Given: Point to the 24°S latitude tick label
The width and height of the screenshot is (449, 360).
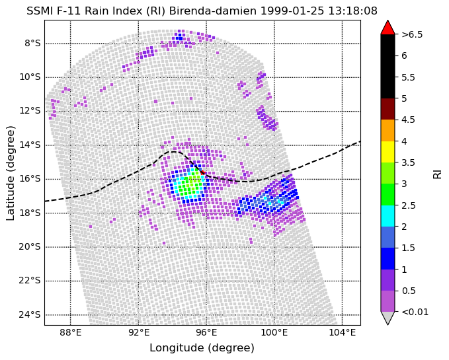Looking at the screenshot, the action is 30,315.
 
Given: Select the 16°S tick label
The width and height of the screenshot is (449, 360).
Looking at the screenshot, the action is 30,179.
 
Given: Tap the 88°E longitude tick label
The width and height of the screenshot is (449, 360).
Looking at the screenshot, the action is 71,332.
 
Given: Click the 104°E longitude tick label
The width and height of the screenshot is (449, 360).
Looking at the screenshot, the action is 342,332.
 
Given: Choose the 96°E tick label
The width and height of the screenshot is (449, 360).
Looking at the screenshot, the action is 206,332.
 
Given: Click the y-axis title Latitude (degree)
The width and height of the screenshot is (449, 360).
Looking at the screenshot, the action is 10,173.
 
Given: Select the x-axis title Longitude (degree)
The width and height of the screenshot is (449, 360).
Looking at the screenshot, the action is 202,348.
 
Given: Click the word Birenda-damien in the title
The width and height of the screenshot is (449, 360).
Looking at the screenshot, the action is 213,11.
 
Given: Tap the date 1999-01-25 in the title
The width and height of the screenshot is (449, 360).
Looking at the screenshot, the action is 292,11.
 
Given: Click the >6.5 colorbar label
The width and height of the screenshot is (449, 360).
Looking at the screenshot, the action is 412,34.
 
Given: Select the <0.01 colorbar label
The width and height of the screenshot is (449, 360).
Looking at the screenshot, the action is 415,312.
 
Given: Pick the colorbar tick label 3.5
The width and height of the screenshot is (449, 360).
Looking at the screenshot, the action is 409,162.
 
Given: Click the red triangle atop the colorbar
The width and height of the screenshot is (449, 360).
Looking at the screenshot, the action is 388,28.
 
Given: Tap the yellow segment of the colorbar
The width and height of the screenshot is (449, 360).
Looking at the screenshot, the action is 388,152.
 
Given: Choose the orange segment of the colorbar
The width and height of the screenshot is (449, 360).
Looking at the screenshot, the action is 388,130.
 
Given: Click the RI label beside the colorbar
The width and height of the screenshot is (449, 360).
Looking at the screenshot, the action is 437,173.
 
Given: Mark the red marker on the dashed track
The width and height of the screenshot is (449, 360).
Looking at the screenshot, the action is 202,172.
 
